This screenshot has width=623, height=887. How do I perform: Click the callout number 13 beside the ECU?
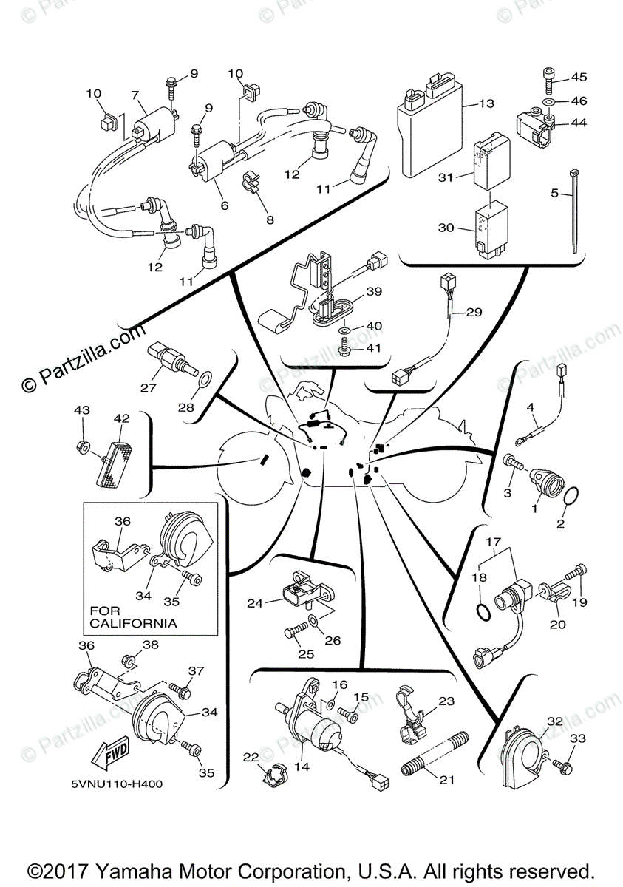point(485,103)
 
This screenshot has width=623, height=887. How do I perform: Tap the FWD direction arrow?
point(109,753)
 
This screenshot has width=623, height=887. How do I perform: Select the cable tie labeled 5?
point(573,214)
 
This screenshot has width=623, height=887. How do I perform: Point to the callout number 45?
point(578,78)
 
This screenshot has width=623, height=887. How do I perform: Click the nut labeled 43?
point(84,446)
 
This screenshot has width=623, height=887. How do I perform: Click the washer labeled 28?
point(205,381)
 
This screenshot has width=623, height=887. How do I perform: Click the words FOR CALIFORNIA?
point(133,616)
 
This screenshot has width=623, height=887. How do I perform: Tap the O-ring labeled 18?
point(482,613)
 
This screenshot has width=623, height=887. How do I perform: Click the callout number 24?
point(255,603)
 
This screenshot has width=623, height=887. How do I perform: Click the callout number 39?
point(373,291)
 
